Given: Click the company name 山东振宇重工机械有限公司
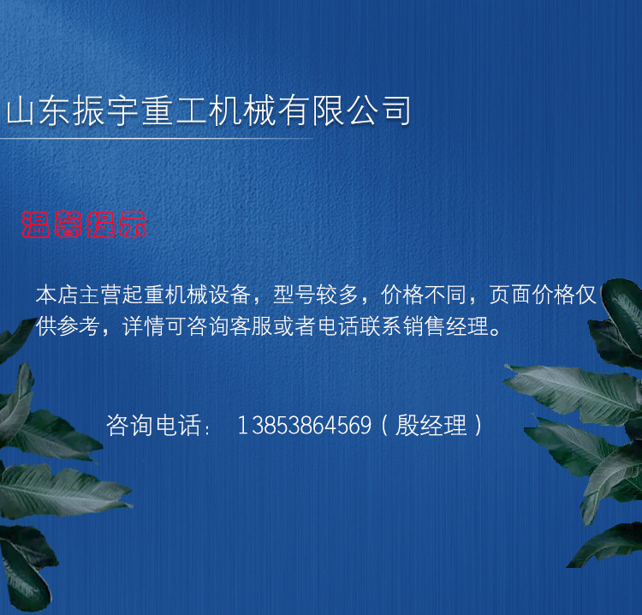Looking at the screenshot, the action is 209,111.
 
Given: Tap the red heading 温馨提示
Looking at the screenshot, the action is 84,224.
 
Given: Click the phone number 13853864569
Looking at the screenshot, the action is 304,425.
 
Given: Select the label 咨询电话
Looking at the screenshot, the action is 153,425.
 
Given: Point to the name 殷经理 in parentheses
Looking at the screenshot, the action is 431,425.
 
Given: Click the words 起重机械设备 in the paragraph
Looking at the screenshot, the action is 187,295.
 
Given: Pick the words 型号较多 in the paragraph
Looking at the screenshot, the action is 315,295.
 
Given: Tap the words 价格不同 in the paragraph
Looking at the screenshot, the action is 424,295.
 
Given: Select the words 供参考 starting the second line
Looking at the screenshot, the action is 68,326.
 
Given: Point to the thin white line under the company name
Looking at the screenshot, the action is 157,139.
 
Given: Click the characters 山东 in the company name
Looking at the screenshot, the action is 38,111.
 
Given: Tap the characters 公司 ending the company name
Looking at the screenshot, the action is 379,111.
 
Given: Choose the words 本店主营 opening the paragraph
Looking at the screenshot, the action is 79,295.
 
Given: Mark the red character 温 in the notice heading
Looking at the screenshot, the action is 36,224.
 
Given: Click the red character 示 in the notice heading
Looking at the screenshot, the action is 133,224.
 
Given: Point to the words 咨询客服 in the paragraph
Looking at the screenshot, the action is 230,326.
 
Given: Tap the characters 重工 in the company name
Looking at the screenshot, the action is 175,111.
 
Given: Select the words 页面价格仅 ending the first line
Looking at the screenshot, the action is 543,295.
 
